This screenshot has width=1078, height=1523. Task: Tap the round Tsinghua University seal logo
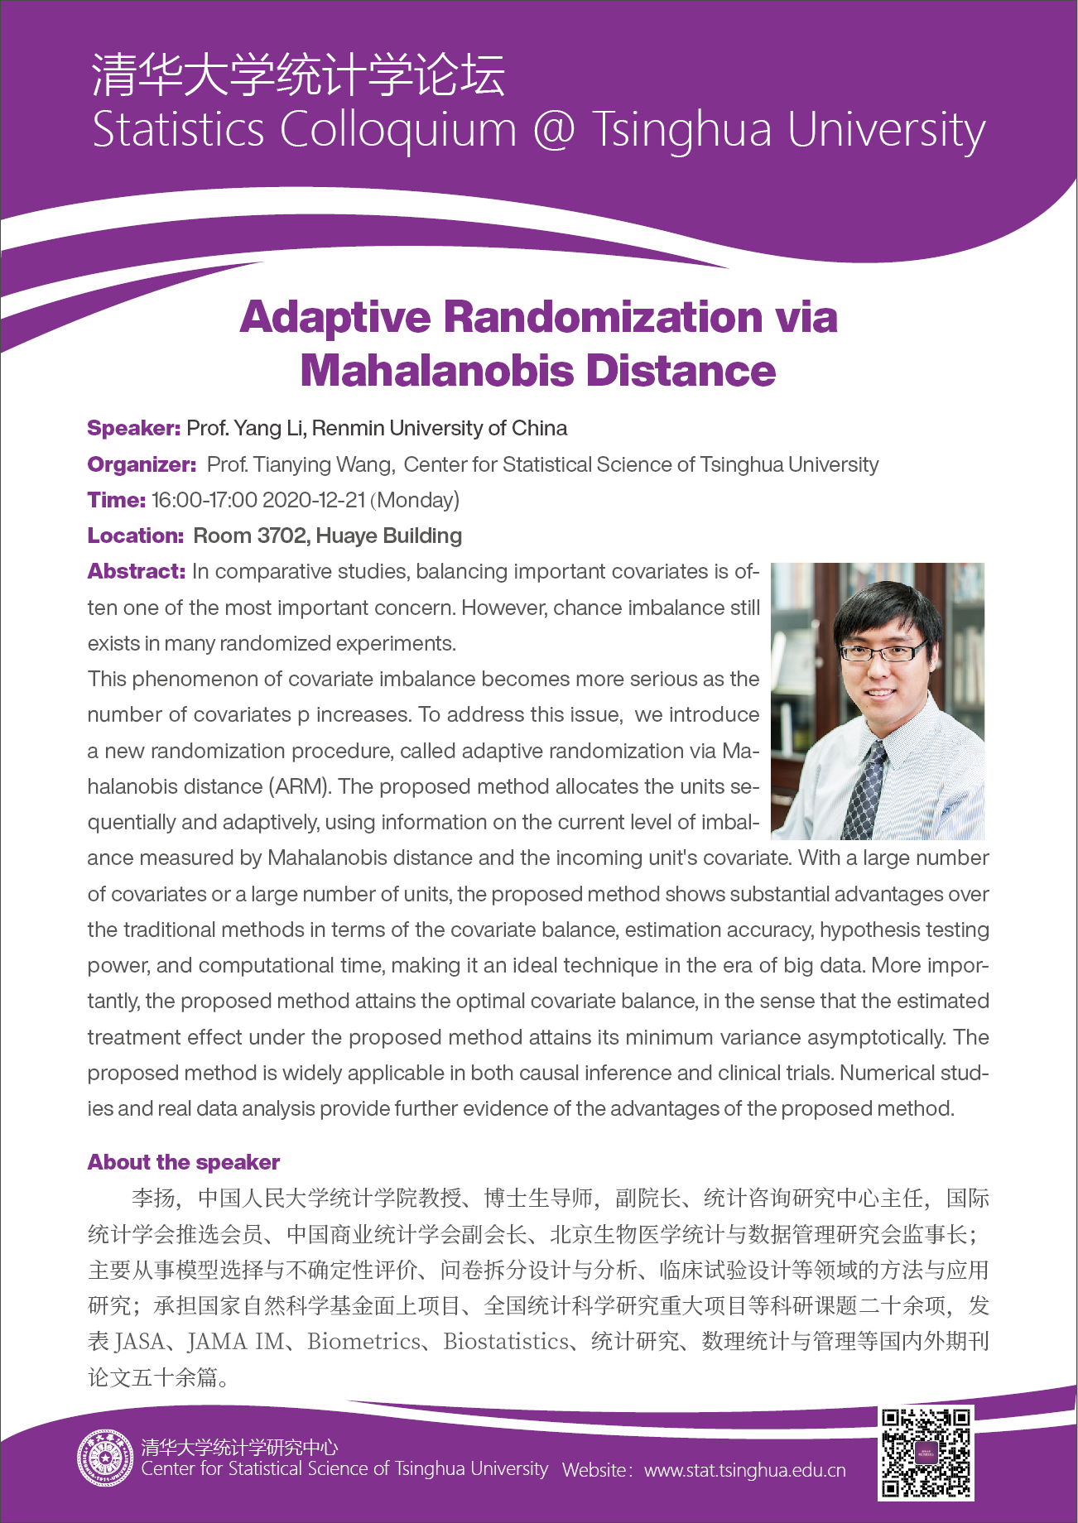tap(105, 1458)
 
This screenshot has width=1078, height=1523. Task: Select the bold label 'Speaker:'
tap(133, 428)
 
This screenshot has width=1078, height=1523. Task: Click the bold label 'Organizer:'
tap(142, 464)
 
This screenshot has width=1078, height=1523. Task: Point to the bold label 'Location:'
tap(135, 536)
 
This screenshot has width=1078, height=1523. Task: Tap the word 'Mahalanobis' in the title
tap(437, 370)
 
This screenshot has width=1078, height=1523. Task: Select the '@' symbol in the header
tap(553, 130)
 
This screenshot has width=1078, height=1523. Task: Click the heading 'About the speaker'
tap(184, 1162)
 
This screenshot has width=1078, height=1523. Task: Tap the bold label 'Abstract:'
tap(137, 571)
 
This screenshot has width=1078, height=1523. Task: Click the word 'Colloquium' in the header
tap(397, 130)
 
